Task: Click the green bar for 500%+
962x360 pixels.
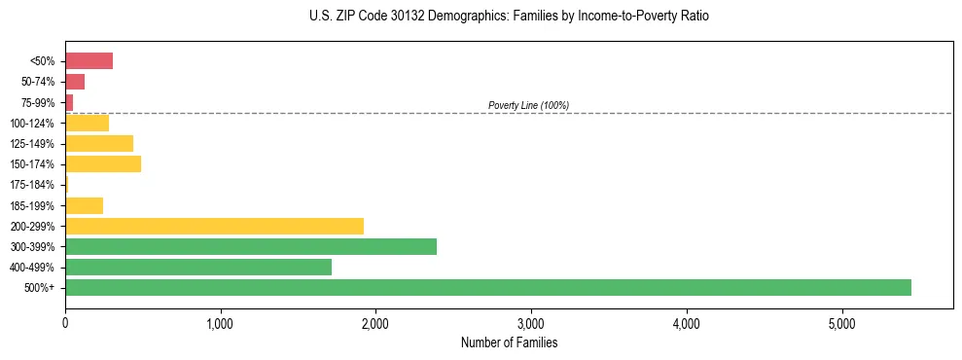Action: click(487, 287)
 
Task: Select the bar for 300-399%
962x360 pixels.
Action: click(251, 246)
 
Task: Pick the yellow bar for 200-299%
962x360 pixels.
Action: click(214, 226)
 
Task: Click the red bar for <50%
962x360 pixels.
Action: click(89, 61)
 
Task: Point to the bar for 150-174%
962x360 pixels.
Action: click(103, 163)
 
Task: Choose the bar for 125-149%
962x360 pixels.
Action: click(99, 143)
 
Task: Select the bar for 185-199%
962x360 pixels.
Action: click(84, 205)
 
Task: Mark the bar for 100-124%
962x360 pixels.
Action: click(87, 123)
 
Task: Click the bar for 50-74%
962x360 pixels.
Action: click(75, 82)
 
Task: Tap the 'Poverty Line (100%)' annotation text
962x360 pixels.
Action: click(528, 105)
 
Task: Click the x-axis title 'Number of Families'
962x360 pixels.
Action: click(509, 343)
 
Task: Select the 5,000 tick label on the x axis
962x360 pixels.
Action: click(841, 323)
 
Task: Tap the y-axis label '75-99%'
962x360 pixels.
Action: click(40, 102)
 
